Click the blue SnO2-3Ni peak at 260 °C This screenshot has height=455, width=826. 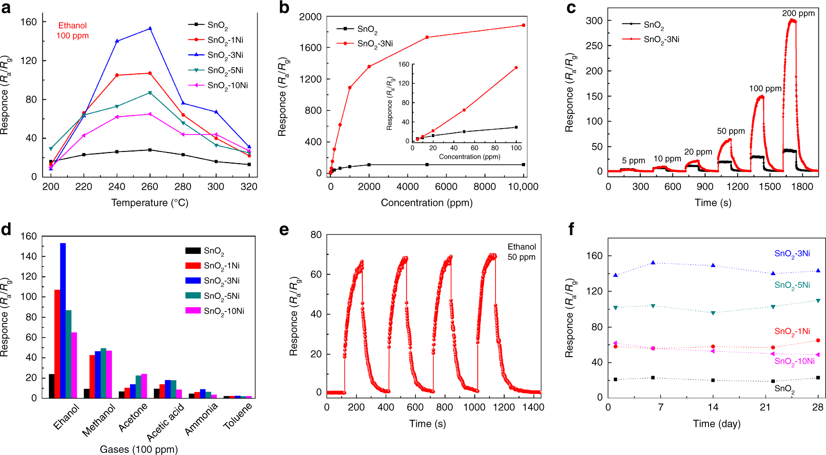click(x=150, y=28)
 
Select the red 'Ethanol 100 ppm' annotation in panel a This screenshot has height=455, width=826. click(x=73, y=31)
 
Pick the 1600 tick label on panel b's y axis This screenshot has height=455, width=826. click(x=310, y=48)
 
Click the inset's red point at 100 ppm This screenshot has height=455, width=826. click(x=516, y=67)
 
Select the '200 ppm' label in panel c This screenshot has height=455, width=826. click(x=798, y=13)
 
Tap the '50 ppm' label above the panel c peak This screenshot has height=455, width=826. click(x=731, y=131)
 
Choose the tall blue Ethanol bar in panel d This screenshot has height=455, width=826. click(x=63, y=320)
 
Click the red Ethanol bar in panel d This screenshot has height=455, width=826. click(x=57, y=344)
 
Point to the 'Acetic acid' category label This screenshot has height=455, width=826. click(x=165, y=422)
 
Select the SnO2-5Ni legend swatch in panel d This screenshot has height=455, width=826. click(x=193, y=295)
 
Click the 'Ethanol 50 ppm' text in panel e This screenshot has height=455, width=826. click(x=521, y=252)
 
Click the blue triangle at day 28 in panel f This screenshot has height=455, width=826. click(x=818, y=271)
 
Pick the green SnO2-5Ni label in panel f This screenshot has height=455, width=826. click(x=792, y=285)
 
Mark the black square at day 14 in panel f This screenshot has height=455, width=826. click(x=713, y=380)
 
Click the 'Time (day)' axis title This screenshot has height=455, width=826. click(x=716, y=424)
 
